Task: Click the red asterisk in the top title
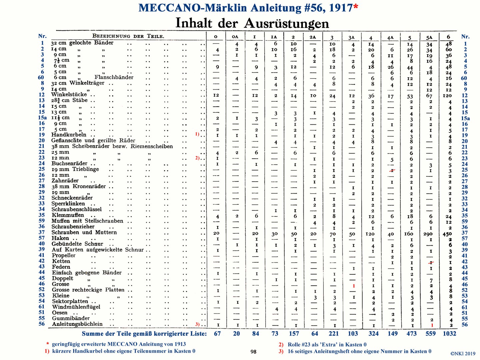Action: pos(356,6)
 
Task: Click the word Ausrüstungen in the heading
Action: pos(286,23)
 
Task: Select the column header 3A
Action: pos(351,38)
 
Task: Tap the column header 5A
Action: pos(429,37)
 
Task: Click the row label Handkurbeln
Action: pos(69,135)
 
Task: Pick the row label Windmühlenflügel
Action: pos(76,307)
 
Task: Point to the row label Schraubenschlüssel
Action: pos(77,209)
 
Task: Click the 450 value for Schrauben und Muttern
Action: pos(447,234)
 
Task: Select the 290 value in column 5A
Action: pos(428,234)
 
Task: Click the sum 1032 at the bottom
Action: pos(449,334)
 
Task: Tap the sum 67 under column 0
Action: pos(217,334)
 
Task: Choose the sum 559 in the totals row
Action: pos(430,334)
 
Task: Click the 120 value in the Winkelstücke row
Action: pos(447,96)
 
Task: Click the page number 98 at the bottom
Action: pos(253,352)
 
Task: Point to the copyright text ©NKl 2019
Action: pos(463,354)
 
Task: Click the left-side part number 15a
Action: pos(42,118)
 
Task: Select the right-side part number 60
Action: pos(464,78)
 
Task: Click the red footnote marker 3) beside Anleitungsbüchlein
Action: pos(197,324)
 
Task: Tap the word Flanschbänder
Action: pos(114,77)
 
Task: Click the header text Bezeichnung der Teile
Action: pos(128,36)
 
